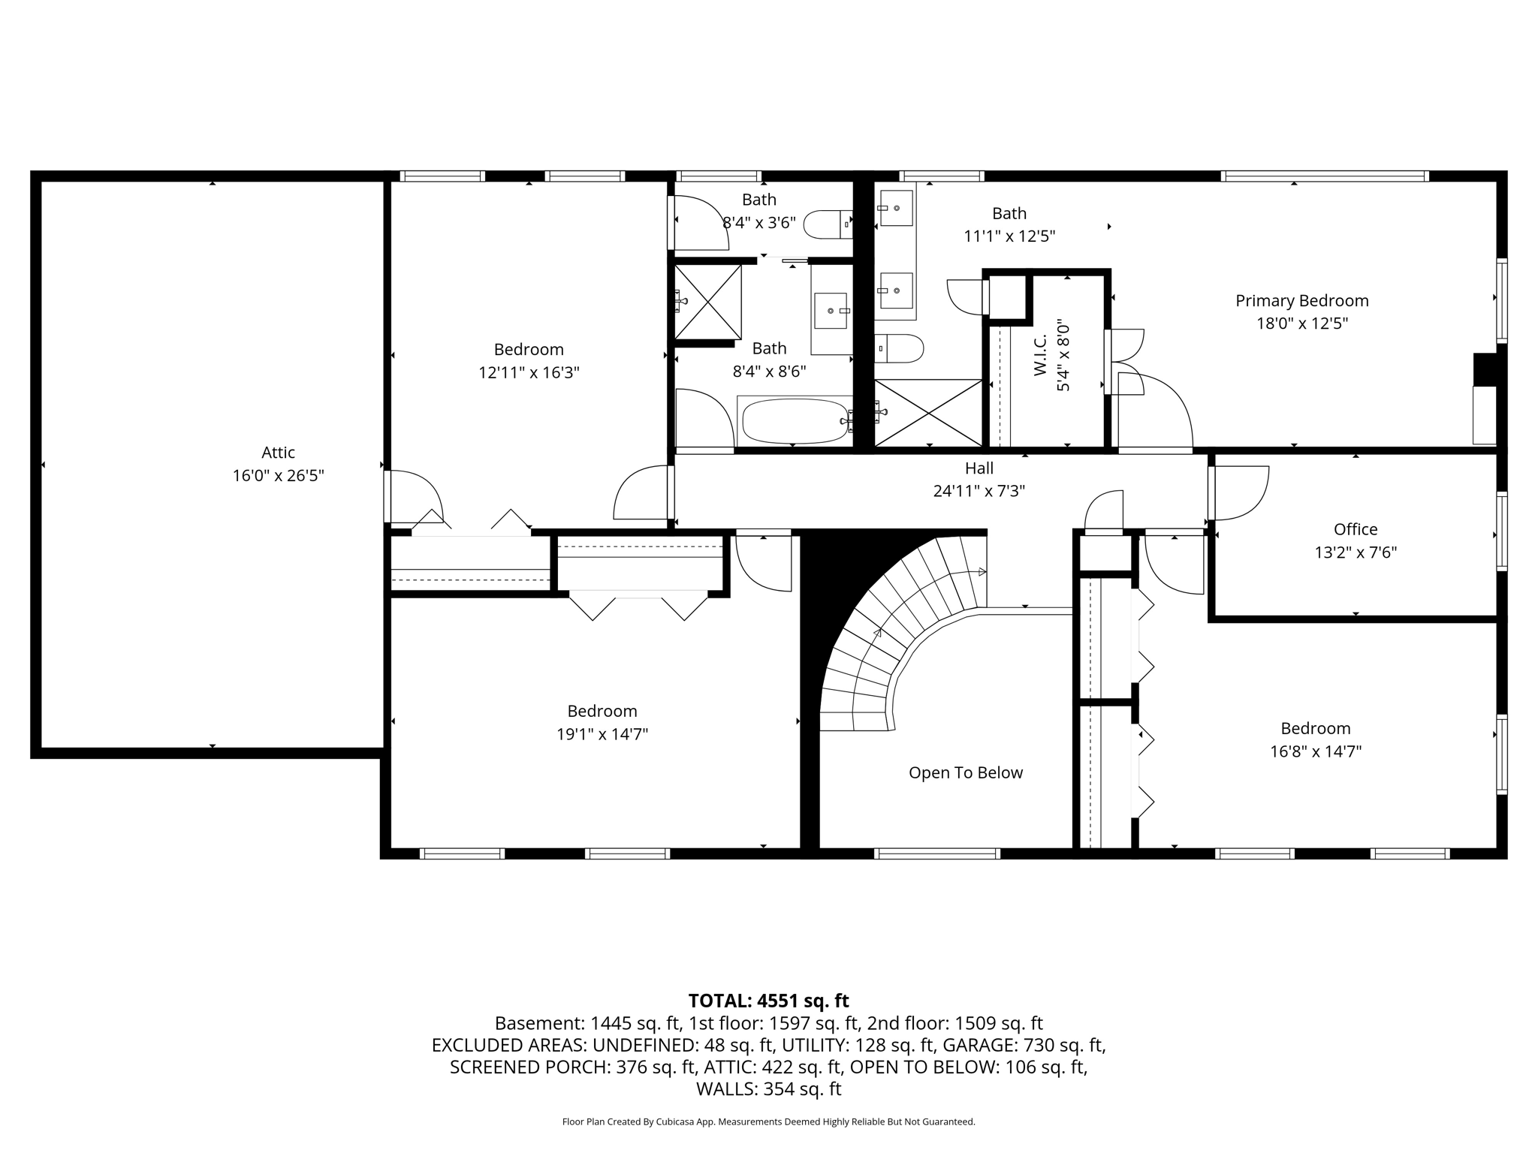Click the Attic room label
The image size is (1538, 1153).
pyautogui.click(x=278, y=453)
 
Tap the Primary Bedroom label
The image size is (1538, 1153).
pyautogui.click(x=1302, y=301)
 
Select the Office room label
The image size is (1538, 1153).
pyautogui.click(x=1356, y=529)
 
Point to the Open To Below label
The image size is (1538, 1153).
pyautogui.click(x=966, y=773)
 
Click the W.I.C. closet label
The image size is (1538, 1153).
pyautogui.click(x=1041, y=355)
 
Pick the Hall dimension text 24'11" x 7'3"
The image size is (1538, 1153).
pyautogui.click(x=979, y=491)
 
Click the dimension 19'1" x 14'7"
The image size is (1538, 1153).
pyautogui.click(x=602, y=734)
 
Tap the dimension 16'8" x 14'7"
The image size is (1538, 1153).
pyautogui.click(x=1316, y=751)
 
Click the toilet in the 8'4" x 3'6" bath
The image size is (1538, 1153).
pyautogui.click(x=828, y=224)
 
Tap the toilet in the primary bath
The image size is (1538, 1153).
pyautogui.click(x=899, y=348)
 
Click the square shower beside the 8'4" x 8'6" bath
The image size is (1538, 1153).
pyautogui.click(x=707, y=302)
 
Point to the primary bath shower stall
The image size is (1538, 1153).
pyautogui.click(x=929, y=414)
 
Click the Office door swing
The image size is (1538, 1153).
pyautogui.click(x=1240, y=493)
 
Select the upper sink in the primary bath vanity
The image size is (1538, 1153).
pyautogui.click(x=896, y=207)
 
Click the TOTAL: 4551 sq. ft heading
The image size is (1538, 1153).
pyautogui.click(x=768, y=1001)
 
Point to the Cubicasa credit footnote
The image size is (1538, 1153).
pyautogui.click(x=768, y=1121)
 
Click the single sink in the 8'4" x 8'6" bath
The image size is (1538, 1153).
pyautogui.click(x=830, y=311)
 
